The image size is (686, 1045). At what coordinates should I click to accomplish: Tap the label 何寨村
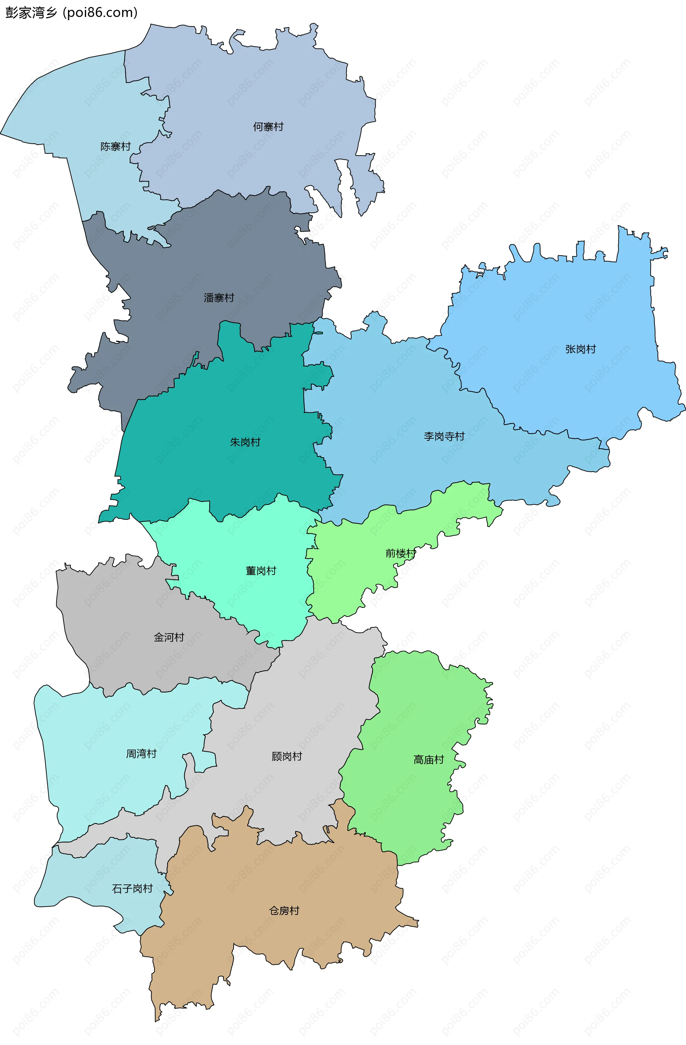pos(268,127)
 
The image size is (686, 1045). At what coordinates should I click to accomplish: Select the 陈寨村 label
pos(115,147)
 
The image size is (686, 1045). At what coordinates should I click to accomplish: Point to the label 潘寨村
pos(219,298)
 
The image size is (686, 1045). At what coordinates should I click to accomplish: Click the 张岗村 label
pos(580,350)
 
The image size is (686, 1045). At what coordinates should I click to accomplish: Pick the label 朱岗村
pos(245,442)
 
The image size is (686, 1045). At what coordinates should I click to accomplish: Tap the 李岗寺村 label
pos(444,437)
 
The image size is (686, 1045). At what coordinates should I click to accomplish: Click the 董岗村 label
pos(261,571)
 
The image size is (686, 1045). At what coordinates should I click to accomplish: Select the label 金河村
pos(169,637)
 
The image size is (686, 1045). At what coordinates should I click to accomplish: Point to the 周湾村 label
pos(141,754)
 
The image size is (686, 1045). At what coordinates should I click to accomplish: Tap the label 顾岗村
pos(287,756)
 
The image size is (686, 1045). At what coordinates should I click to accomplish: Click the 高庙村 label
pos(428,760)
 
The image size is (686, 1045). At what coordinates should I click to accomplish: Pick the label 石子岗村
pos(132,889)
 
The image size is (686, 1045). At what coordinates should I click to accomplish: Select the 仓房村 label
pos(284,911)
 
